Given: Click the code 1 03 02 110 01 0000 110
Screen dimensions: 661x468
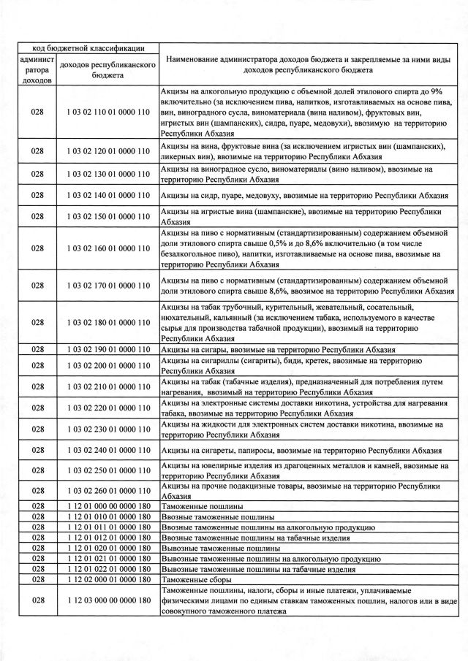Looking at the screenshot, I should point(107,113).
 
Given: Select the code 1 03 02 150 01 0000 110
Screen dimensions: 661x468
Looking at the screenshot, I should point(107,216).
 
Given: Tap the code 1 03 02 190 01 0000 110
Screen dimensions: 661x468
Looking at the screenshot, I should point(107,350).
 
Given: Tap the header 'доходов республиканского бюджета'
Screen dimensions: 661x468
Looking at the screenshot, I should point(107,70).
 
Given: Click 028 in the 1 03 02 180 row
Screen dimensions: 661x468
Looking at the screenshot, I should point(37,322).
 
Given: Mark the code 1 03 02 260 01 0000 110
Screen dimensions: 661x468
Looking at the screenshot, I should point(107,490).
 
